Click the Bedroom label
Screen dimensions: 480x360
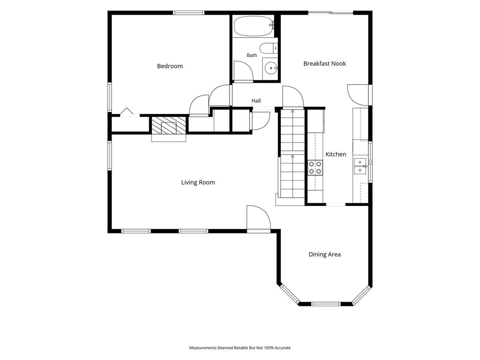pyautogui.click(x=170, y=66)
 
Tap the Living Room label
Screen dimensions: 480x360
pyautogui.click(x=198, y=182)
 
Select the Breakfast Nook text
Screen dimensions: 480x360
pyautogui.click(x=324, y=64)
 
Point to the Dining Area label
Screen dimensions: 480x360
pyautogui.click(x=324, y=254)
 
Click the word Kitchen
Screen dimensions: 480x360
pyautogui.click(x=336, y=154)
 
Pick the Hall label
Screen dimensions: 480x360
pyautogui.click(x=256, y=101)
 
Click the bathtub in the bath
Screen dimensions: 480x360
pyautogui.click(x=254, y=26)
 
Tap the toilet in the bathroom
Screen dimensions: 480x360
pyautogui.click(x=268, y=48)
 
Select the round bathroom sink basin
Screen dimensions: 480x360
pyautogui.click(x=271, y=68)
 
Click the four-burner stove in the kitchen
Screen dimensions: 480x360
pyautogui.click(x=315, y=168)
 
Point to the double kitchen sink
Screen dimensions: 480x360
pyautogui.click(x=360, y=166)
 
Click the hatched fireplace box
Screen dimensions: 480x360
pyautogui.click(x=169, y=126)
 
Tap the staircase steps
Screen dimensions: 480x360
pyautogui.click(x=292, y=154)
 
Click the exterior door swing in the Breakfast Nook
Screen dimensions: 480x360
pyautogui.click(x=352, y=98)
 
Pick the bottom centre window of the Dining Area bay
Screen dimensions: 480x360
pyautogui.click(x=326, y=304)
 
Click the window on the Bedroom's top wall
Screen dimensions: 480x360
pyautogui.click(x=188, y=13)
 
